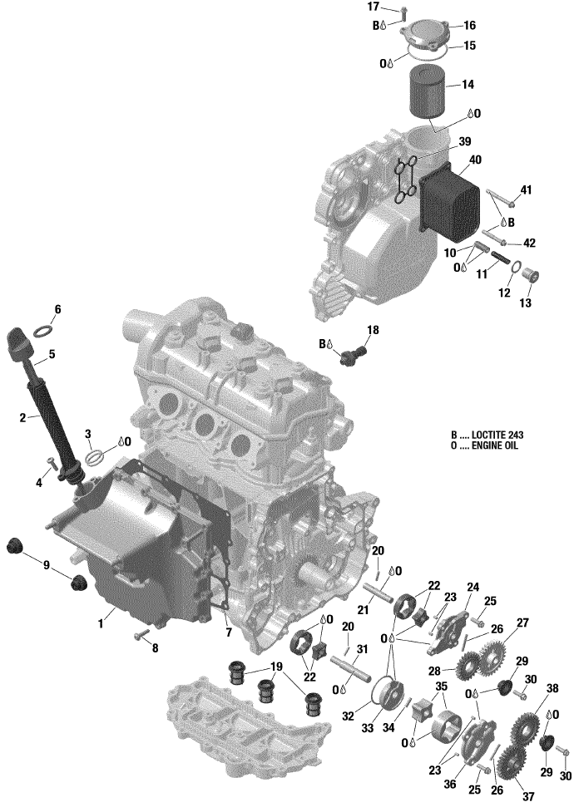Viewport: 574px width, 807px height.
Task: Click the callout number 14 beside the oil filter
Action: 468,85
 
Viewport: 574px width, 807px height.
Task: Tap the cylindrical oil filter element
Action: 427,93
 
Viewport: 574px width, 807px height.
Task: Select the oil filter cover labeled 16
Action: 427,33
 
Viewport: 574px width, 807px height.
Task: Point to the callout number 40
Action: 475,160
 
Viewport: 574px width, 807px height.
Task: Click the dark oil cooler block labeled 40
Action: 448,204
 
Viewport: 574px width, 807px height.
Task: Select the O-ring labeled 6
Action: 44,331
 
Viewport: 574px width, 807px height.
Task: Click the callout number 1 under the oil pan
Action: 101,624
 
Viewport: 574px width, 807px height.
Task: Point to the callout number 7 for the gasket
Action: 229,632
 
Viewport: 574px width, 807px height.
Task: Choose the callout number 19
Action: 277,667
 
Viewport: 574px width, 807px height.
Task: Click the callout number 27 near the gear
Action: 522,622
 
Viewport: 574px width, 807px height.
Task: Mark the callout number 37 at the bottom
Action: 528,796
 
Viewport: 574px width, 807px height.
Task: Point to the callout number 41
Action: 526,190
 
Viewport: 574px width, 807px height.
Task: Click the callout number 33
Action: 367,728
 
